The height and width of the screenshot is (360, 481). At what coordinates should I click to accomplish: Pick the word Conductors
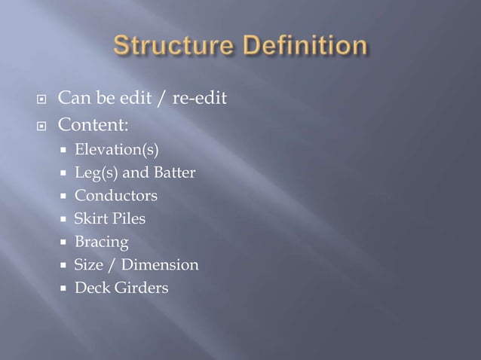click(115, 197)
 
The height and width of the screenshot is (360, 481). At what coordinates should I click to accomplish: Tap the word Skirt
click(90, 219)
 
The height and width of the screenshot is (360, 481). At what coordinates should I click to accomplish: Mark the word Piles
click(129, 219)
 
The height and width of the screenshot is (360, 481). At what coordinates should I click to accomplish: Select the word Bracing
click(101, 243)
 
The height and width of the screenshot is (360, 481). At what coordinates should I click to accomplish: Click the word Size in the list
click(87, 264)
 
